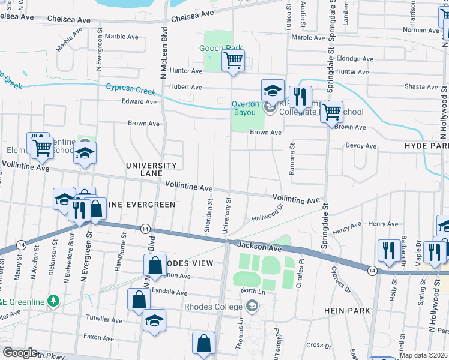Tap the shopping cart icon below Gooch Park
pyautogui.click(x=232, y=60)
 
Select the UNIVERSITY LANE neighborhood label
pyautogui.click(x=151, y=169)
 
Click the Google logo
pyautogui.click(x=20, y=353)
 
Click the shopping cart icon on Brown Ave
pyautogui.click(x=331, y=112)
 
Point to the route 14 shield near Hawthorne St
pyautogui.click(x=145, y=229)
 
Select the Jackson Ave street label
pyautogui.click(x=259, y=246)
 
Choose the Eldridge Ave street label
pyautogui.click(x=355, y=59)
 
